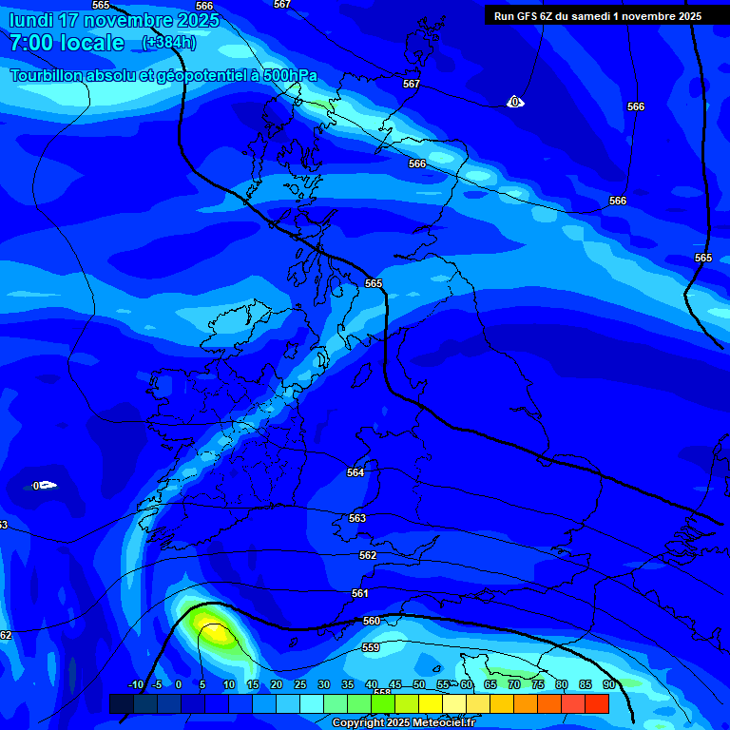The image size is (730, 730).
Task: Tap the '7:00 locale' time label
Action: point(67,43)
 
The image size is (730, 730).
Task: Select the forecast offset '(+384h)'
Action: point(169,43)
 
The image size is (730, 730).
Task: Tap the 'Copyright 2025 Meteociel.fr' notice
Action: point(403,723)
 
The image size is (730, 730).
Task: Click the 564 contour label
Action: point(355,472)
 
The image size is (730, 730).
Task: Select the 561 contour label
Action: point(360,593)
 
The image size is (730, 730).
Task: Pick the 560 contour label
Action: point(372,621)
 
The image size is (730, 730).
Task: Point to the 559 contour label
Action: point(371,647)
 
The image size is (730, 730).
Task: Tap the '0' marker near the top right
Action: point(514,102)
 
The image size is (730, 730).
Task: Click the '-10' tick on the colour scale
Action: point(135,684)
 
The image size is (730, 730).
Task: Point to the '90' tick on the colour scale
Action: point(608,684)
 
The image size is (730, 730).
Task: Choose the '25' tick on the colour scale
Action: point(300,684)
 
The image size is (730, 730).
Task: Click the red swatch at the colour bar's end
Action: point(597,703)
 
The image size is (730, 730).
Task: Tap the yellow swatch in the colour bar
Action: point(431,703)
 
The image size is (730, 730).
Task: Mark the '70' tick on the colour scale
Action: point(514,684)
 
